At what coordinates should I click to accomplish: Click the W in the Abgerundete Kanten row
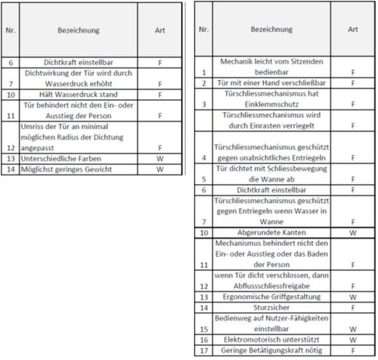click(x=353, y=232)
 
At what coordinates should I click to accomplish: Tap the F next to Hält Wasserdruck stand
click(x=160, y=95)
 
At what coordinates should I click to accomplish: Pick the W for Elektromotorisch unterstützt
click(x=353, y=339)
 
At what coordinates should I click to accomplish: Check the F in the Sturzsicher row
click(x=353, y=307)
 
